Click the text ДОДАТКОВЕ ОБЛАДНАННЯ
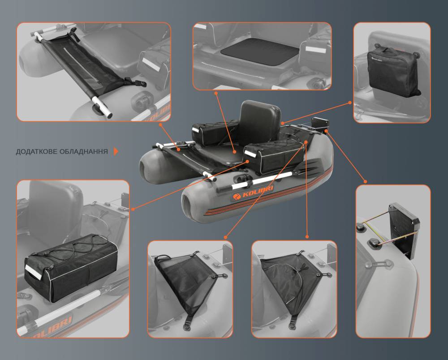point(62,151)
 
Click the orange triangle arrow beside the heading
point(116,151)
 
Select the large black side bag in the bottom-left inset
point(71,267)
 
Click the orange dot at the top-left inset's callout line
point(160,124)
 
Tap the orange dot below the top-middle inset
point(216,93)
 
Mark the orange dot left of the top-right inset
point(350,103)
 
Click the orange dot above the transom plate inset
point(365,182)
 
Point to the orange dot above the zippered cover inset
point(307,237)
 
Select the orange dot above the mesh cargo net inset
point(225,237)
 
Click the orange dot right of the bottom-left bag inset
point(133,209)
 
